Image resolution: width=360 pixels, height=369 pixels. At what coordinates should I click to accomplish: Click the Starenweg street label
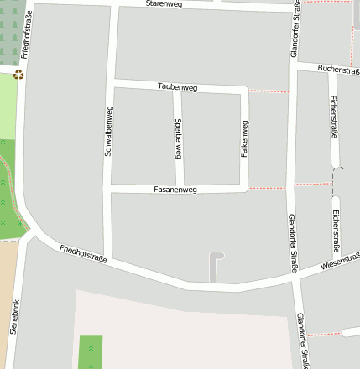pos(163,4)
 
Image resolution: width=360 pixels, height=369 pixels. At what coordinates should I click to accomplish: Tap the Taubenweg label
pos(175,86)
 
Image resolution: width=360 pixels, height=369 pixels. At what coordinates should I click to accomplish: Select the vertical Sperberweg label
pos(179,138)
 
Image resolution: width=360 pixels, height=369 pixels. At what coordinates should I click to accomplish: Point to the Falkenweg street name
pos(245,140)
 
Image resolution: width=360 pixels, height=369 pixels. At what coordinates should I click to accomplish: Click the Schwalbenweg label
pos(108,132)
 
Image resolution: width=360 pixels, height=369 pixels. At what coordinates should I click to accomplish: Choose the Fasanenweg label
pos(175,190)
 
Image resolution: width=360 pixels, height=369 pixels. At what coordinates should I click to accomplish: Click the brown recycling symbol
pos(18,75)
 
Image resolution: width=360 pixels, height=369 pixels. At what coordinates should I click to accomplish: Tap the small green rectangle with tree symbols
pos(91,352)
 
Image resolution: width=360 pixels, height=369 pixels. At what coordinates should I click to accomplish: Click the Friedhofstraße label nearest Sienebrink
pos(83,254)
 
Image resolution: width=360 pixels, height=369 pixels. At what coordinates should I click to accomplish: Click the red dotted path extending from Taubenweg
pos(269,91)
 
